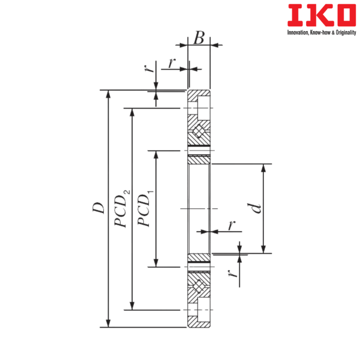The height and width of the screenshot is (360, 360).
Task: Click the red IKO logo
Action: [x=322, y=15]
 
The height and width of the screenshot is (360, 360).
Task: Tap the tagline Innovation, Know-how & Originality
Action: [x=322, y=32]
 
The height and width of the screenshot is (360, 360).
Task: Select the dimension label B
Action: [x=199, y=38]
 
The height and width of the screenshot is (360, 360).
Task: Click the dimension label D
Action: [x=99, y=208]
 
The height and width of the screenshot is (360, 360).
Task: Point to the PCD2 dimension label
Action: [x=122, y=208]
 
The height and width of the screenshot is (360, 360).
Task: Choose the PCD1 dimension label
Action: [x=145, y=208]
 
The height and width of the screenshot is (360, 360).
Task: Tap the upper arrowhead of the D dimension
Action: [x=108, y=94]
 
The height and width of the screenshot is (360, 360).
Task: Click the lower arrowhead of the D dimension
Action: [x=108, y=323]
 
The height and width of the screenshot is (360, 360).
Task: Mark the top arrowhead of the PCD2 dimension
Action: [x=132, y=113]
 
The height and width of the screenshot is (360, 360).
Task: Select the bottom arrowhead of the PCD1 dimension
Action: [x=156, y=262]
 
